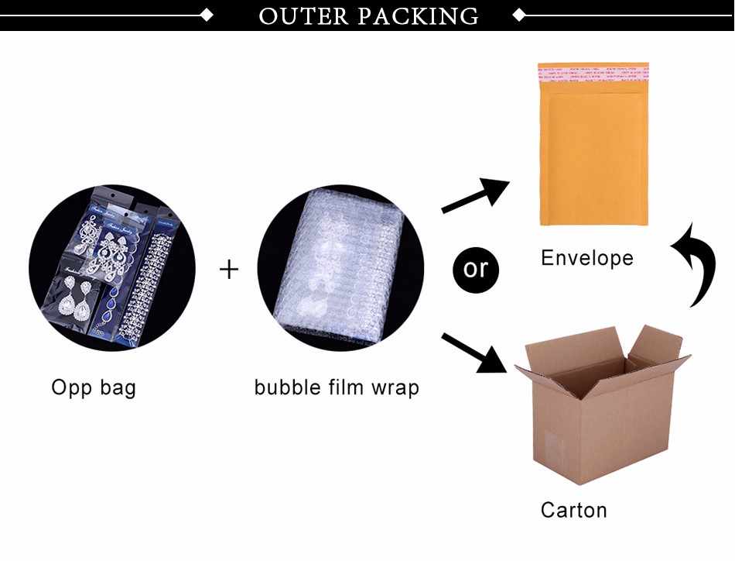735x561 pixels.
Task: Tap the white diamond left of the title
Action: (207, 14)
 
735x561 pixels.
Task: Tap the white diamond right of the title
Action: (520, 14)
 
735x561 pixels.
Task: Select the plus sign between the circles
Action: (229, 269)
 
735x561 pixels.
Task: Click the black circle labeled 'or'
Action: (475, 269)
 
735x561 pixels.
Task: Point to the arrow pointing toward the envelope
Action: (473, 195)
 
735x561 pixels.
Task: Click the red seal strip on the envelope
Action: (593, 71)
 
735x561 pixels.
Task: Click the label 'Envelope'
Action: (586, 257)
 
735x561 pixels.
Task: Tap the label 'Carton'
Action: (573, 510)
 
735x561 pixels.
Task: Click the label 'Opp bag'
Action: (94, 387)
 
